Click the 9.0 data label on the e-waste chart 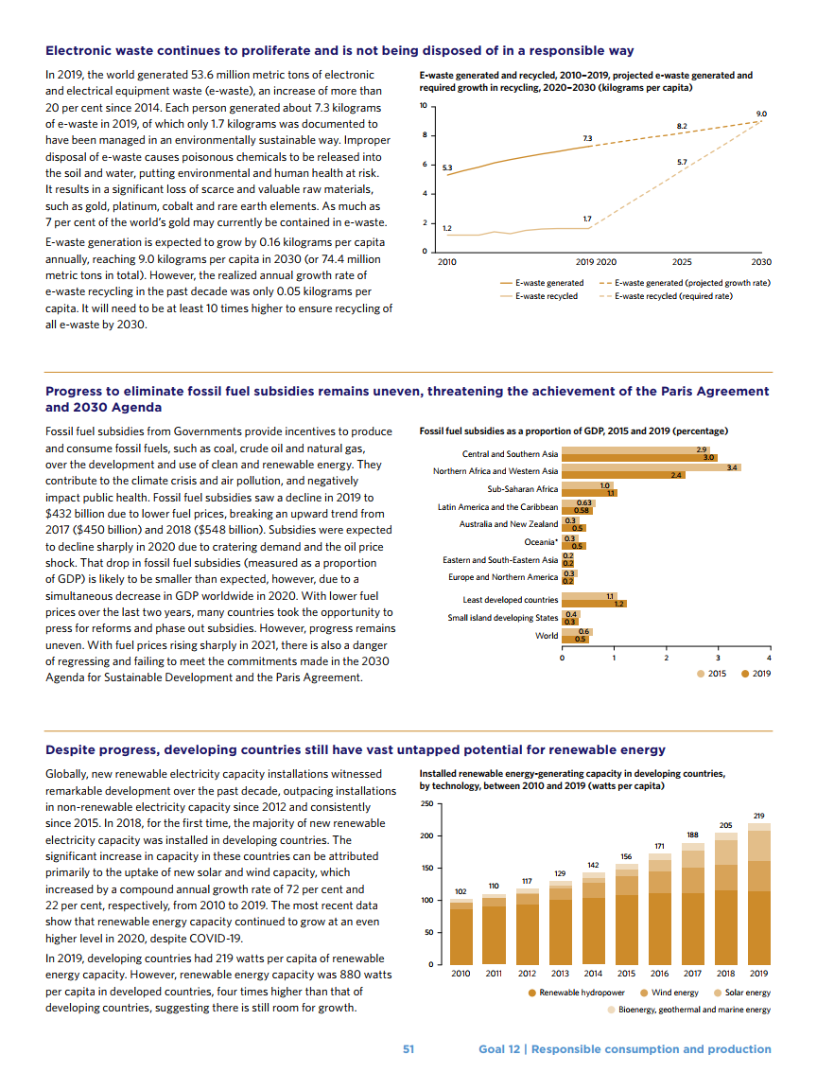click(762, 114)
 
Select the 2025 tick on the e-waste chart click(681, 261)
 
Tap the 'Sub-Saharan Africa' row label click(522, 489)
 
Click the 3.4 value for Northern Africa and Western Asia click(732, 467)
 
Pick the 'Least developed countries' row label click(510, 600)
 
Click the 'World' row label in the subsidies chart click(547, 635)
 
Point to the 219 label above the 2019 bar click(758, 815)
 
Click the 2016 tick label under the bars click(659, 973)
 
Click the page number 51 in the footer click(408, 1048)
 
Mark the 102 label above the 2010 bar click(461, 891)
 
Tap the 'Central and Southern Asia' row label click(510, 454)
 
